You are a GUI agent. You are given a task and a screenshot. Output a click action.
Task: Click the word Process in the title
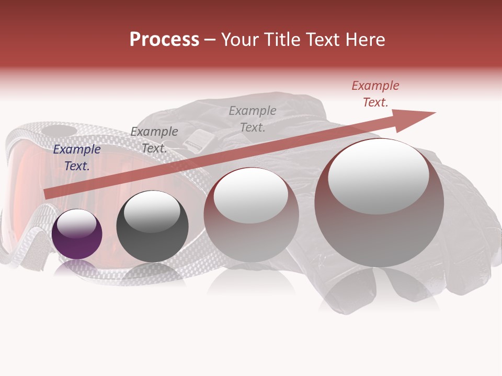tap(164, 40)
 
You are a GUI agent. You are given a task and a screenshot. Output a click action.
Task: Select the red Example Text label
tap(375, 94)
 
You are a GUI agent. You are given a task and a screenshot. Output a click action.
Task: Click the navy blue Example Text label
tap(77, 158)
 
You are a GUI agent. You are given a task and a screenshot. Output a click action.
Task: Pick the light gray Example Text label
tap(253, 119)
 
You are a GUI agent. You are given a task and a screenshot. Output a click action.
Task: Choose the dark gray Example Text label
tap(154, 140)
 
